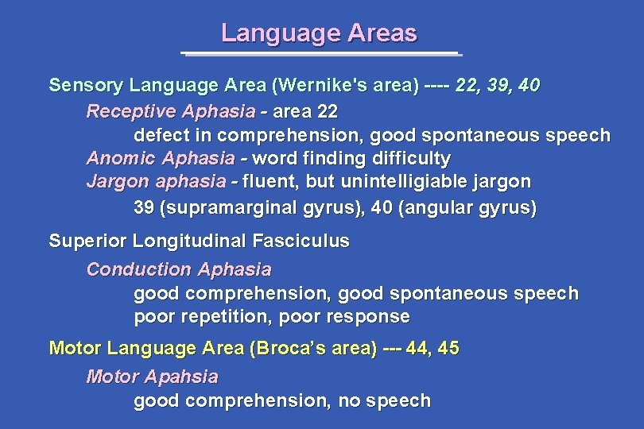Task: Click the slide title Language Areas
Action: (x=319, y=33)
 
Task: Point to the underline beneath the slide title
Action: (x=320, y=54)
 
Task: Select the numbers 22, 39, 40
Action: (x=498, y=85)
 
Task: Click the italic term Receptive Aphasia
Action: (x=171, y=110)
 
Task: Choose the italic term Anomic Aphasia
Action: (x=161, y=158)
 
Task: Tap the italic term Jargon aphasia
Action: (x=156, y=182)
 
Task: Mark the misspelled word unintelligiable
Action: (x=405, y=182)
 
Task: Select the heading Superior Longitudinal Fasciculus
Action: (x=200, y=241)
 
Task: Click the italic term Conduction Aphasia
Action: (x=179, y=269)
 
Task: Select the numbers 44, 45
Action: (x=432, y=348)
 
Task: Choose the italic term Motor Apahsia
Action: (x=152, y=376)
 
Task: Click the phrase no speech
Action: (x=385, y=401)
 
